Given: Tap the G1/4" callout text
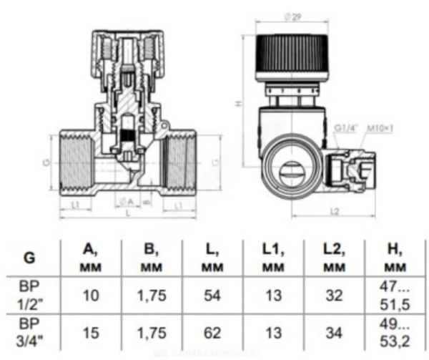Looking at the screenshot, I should coord(345,128).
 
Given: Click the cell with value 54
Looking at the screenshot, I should coord(212,296).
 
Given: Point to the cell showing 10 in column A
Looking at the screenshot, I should coord(92,296).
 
